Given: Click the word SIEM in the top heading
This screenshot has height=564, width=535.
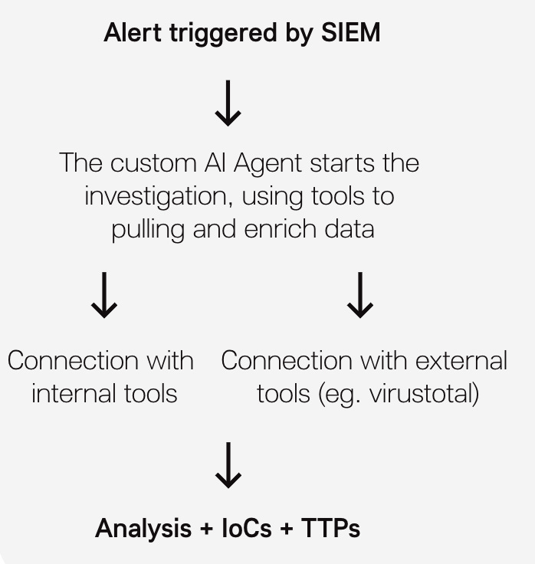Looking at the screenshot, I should click(350, 33).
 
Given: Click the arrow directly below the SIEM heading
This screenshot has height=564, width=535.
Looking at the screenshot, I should click(227, 105).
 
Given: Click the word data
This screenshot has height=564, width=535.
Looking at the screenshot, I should click(350, 229).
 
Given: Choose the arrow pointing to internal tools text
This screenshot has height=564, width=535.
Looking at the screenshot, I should click(104, 297).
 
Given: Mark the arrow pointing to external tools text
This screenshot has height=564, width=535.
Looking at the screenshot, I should click(360, 297).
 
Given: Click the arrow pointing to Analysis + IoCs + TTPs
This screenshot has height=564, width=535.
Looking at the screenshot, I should click(227, 466).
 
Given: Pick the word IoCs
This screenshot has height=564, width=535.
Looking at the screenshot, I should click(247, 528).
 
